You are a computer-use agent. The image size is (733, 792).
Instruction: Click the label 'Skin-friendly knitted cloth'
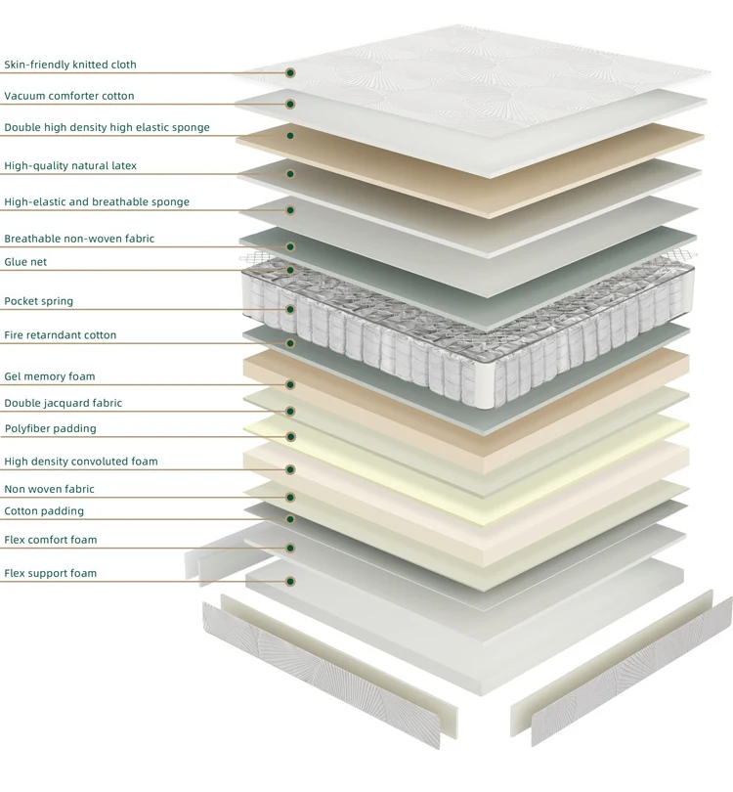tap(70, 65)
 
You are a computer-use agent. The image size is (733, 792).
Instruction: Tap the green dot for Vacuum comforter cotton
tap(290, 104)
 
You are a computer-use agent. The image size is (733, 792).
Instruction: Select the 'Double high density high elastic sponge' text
tap(108, 127)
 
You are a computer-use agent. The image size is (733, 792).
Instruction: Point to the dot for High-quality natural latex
tap(290, 174)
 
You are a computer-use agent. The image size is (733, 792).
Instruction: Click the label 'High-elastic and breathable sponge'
tap(97, 202)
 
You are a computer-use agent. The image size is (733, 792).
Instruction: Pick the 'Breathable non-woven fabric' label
tap(79, 239)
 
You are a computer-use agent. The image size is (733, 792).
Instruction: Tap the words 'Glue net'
tap(25, 262)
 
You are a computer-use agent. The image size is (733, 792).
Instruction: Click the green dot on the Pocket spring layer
tap(290, 309)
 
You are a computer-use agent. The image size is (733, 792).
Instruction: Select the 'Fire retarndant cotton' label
tap(60, 334)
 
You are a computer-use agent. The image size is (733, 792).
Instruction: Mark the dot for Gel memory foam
tap(290, 385)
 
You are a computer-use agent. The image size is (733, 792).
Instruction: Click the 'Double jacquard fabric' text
tap(64, 403)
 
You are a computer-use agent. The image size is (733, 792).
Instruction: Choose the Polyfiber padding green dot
tap(290, 437)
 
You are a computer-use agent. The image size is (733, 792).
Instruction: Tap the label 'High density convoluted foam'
tap(81, 462)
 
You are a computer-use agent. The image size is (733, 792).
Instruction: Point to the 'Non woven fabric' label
tap(50, 489)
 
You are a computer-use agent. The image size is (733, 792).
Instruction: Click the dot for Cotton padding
tap(290, 519)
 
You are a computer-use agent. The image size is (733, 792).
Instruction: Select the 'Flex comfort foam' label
tap(51, 540)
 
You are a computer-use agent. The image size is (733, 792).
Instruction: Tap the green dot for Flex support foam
tap(290, 582)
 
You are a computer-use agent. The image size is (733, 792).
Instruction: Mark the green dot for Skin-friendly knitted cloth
tap(290, 72)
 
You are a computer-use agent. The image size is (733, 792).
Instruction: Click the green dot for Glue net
tap(290, 270)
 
